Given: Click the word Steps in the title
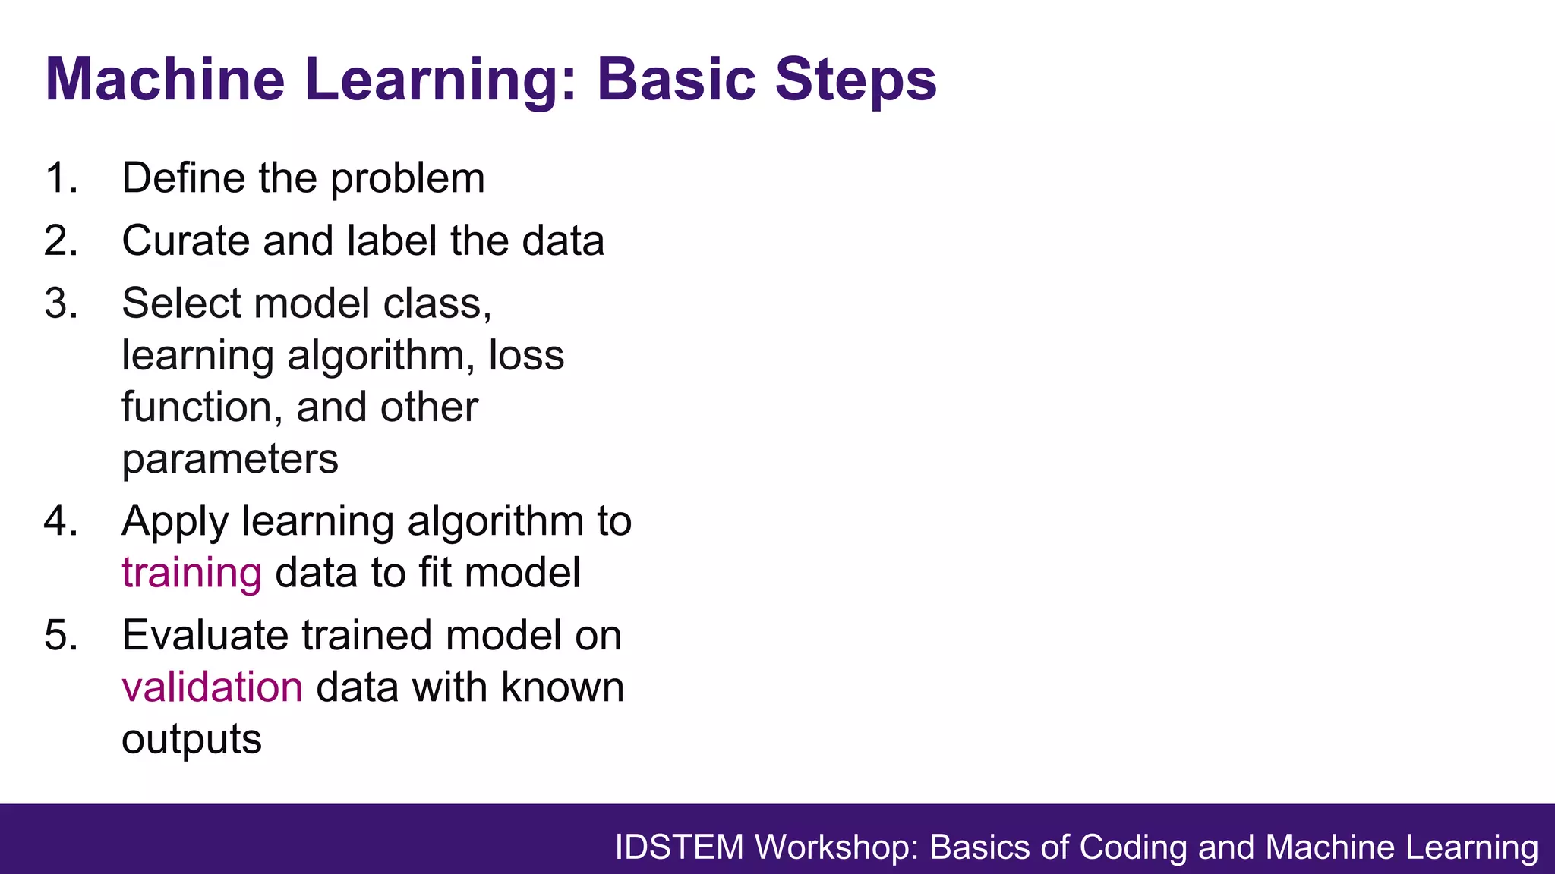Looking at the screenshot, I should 856,80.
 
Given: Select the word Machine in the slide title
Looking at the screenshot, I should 165,80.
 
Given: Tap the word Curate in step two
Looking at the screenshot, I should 185,241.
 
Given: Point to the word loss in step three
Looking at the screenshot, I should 526,355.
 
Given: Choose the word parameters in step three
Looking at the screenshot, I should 229,459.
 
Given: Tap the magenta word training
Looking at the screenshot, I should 191,574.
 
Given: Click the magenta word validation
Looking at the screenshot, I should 212,687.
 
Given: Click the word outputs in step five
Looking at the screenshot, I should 191,740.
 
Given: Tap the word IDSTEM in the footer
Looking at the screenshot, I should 679,847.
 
